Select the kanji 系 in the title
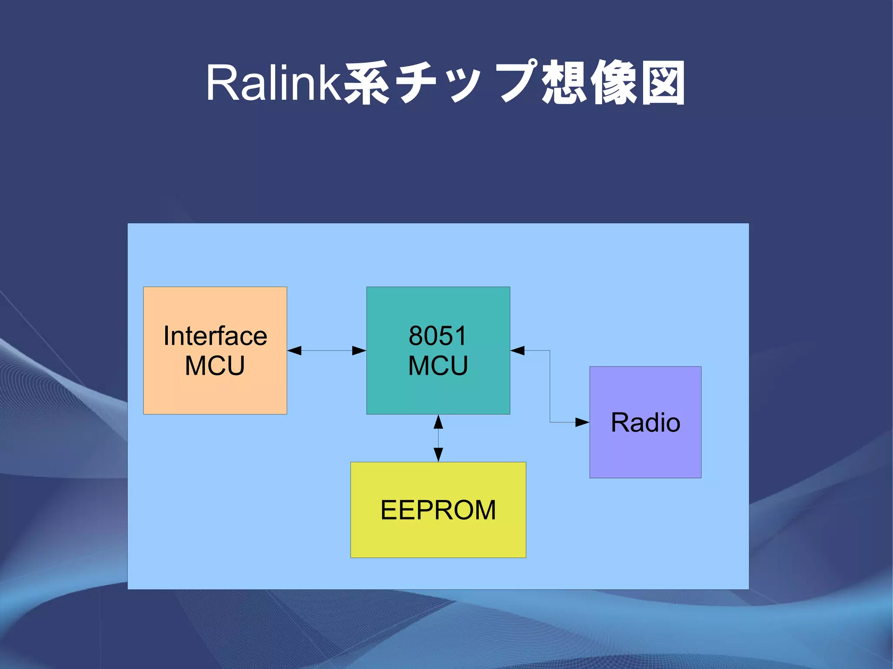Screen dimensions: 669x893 (367, 83)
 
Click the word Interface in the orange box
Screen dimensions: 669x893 (215, 336)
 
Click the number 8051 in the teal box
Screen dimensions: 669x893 (438, 336)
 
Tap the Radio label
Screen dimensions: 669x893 (645, 422)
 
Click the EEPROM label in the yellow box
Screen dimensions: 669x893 (438, 509)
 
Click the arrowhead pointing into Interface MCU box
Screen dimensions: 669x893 (295, 350)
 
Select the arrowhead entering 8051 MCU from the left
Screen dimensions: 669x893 (359, 350)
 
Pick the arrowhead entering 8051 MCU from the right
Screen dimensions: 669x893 (518, 350)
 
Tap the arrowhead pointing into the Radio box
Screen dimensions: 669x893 (582, 422)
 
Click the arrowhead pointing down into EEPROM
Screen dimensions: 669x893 (438, 455)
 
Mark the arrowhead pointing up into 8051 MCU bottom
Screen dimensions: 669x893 (438, 422)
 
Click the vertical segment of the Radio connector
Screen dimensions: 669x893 (550, 386)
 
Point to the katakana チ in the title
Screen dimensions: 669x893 (416, 83)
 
